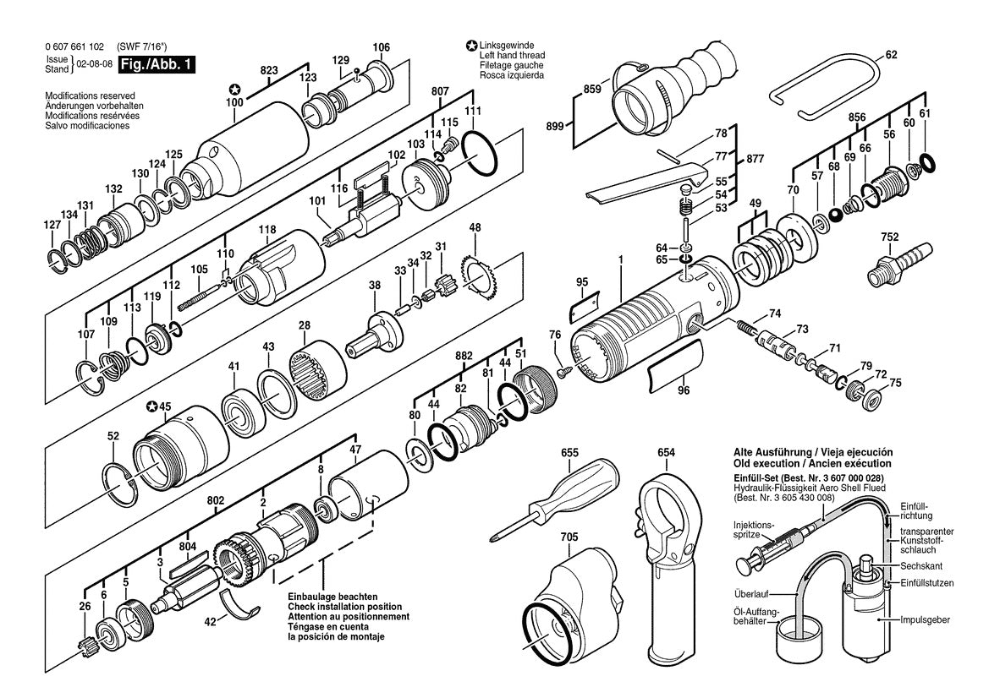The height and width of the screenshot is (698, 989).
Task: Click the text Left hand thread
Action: point(512,55)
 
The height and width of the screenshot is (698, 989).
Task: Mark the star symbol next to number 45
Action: point(152,406)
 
